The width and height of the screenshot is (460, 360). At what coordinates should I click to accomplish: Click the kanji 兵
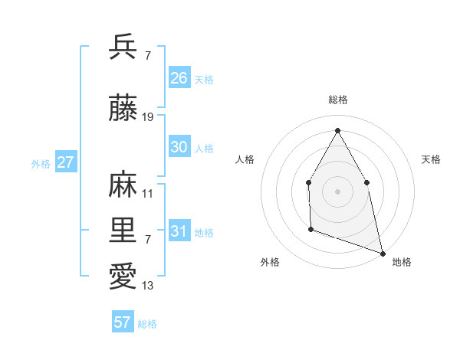tap(123, 47)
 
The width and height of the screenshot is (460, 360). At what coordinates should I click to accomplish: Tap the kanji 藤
tap(123, 110)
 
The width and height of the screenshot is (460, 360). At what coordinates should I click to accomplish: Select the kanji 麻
tap(123, 186)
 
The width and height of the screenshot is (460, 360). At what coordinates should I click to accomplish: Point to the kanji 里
tap(123, 231)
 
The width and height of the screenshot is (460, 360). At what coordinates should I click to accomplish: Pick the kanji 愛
tap(123, 277)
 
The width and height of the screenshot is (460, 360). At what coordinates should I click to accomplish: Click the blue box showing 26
tap(179, 78)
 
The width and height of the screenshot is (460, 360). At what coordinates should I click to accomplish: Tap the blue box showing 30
tap(179, 147)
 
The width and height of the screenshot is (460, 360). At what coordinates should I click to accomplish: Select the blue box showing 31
tap(179, 231)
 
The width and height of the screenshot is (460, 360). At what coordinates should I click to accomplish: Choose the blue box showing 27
tap(65, 162)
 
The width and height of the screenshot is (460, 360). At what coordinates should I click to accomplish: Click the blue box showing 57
tap(122, 322)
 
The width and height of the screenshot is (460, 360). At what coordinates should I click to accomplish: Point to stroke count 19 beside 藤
tap(149, 117)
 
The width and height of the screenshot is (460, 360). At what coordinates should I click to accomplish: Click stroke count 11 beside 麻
tap(148, 194)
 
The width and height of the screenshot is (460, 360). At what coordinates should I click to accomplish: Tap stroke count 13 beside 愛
tap(148, 286)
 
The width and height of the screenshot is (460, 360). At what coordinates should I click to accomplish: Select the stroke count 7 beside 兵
tap(147, 55)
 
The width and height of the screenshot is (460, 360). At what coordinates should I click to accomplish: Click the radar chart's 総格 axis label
tap(337, 100)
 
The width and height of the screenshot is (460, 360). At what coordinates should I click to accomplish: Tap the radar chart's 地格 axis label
tap(402, 262)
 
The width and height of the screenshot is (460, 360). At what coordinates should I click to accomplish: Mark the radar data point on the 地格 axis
tap(382, 252)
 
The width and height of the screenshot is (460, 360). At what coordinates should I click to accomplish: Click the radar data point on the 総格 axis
tap(337, 129)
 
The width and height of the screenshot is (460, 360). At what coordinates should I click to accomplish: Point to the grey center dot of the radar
tap(337, 191)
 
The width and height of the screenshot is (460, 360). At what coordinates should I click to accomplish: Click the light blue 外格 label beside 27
tap(40, 163)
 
